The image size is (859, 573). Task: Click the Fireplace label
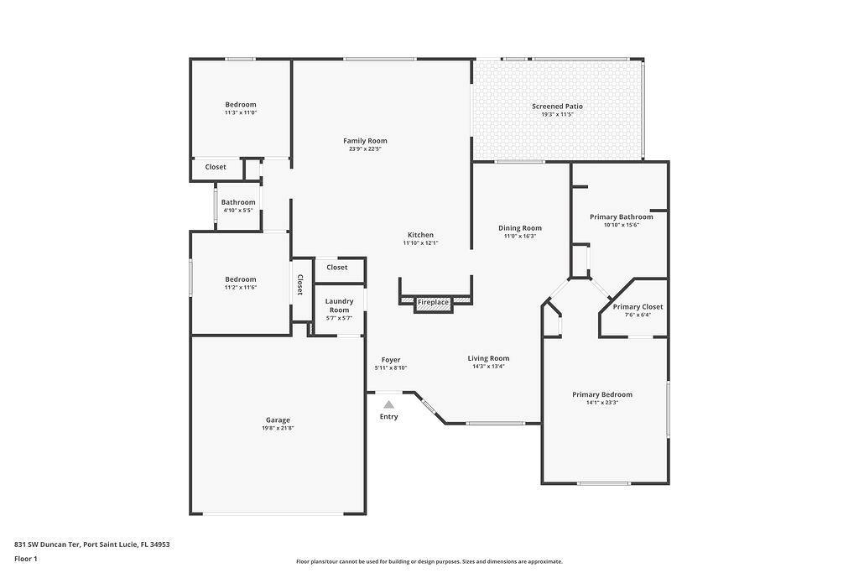coord(433,302)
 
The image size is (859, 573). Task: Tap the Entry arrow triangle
coord(389,405)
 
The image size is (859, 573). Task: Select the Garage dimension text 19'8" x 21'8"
coord(278,429)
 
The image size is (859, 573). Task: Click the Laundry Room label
coord(339,305)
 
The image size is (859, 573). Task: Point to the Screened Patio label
coord(557,107)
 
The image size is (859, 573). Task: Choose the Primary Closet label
coord(638,307)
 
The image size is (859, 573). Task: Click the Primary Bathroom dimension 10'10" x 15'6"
coord(622,225)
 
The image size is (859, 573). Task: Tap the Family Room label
coord(365,141)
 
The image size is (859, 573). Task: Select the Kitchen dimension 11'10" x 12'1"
coord(421,242)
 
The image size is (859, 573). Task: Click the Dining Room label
coord(520,228)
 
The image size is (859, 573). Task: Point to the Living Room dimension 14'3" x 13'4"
coord(488,367)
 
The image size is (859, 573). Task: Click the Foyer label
coord(391,360)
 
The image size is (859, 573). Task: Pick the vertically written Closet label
coord(300,285)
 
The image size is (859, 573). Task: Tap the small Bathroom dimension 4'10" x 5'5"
coord(238,211)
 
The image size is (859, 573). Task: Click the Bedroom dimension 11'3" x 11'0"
coord(241,113)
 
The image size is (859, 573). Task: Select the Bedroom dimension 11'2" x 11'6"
coord(241,288)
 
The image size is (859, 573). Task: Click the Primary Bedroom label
coord(602,394)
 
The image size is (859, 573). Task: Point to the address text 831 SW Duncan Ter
coord(48,544)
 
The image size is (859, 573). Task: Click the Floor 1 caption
coord(26,559)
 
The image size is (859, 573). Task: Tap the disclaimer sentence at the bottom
coord(429,561)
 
